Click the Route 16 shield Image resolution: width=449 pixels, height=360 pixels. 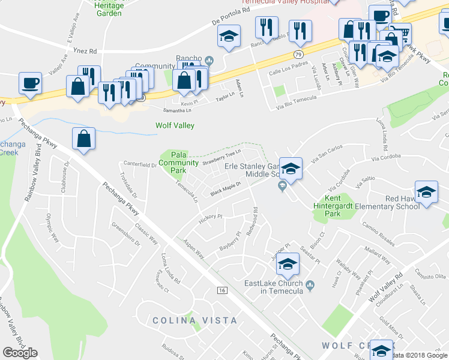click(221, 290)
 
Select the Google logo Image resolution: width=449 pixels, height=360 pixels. click(20, 353)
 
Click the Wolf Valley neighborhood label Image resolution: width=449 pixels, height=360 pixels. click(173, 125)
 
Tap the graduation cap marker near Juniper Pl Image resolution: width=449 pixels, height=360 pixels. click(288, 265)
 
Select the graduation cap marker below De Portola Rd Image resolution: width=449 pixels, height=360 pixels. click(228, 38)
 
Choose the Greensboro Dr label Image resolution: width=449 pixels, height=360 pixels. click(125, 235)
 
